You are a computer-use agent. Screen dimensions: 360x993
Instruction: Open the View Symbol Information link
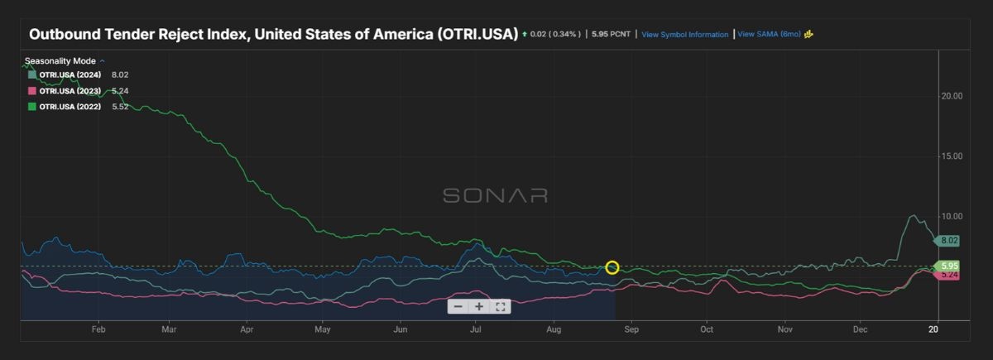(684, 35)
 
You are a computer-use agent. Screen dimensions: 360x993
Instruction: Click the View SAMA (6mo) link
(769, 35)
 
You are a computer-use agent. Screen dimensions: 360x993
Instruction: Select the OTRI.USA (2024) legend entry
(70, 74)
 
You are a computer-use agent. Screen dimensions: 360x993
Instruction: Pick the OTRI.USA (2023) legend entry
(70, 91)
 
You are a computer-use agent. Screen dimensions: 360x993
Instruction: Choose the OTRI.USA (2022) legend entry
(70, 107)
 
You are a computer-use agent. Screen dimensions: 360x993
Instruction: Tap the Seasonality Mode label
(61, 61)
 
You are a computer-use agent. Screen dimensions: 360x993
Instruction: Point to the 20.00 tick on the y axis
(952, 96)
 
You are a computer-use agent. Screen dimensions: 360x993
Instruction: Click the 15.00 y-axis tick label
(952, 156)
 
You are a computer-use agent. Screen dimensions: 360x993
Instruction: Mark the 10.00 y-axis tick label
(952, 217)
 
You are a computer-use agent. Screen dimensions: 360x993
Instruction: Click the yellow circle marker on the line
(612, 267)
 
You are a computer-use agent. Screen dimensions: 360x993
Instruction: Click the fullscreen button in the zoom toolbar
(501, 306)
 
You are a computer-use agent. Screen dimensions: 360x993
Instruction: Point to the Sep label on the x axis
(631, 329)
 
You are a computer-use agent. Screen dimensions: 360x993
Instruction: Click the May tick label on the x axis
(323, 329)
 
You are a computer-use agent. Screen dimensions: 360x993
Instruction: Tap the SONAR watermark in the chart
(495, 195)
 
